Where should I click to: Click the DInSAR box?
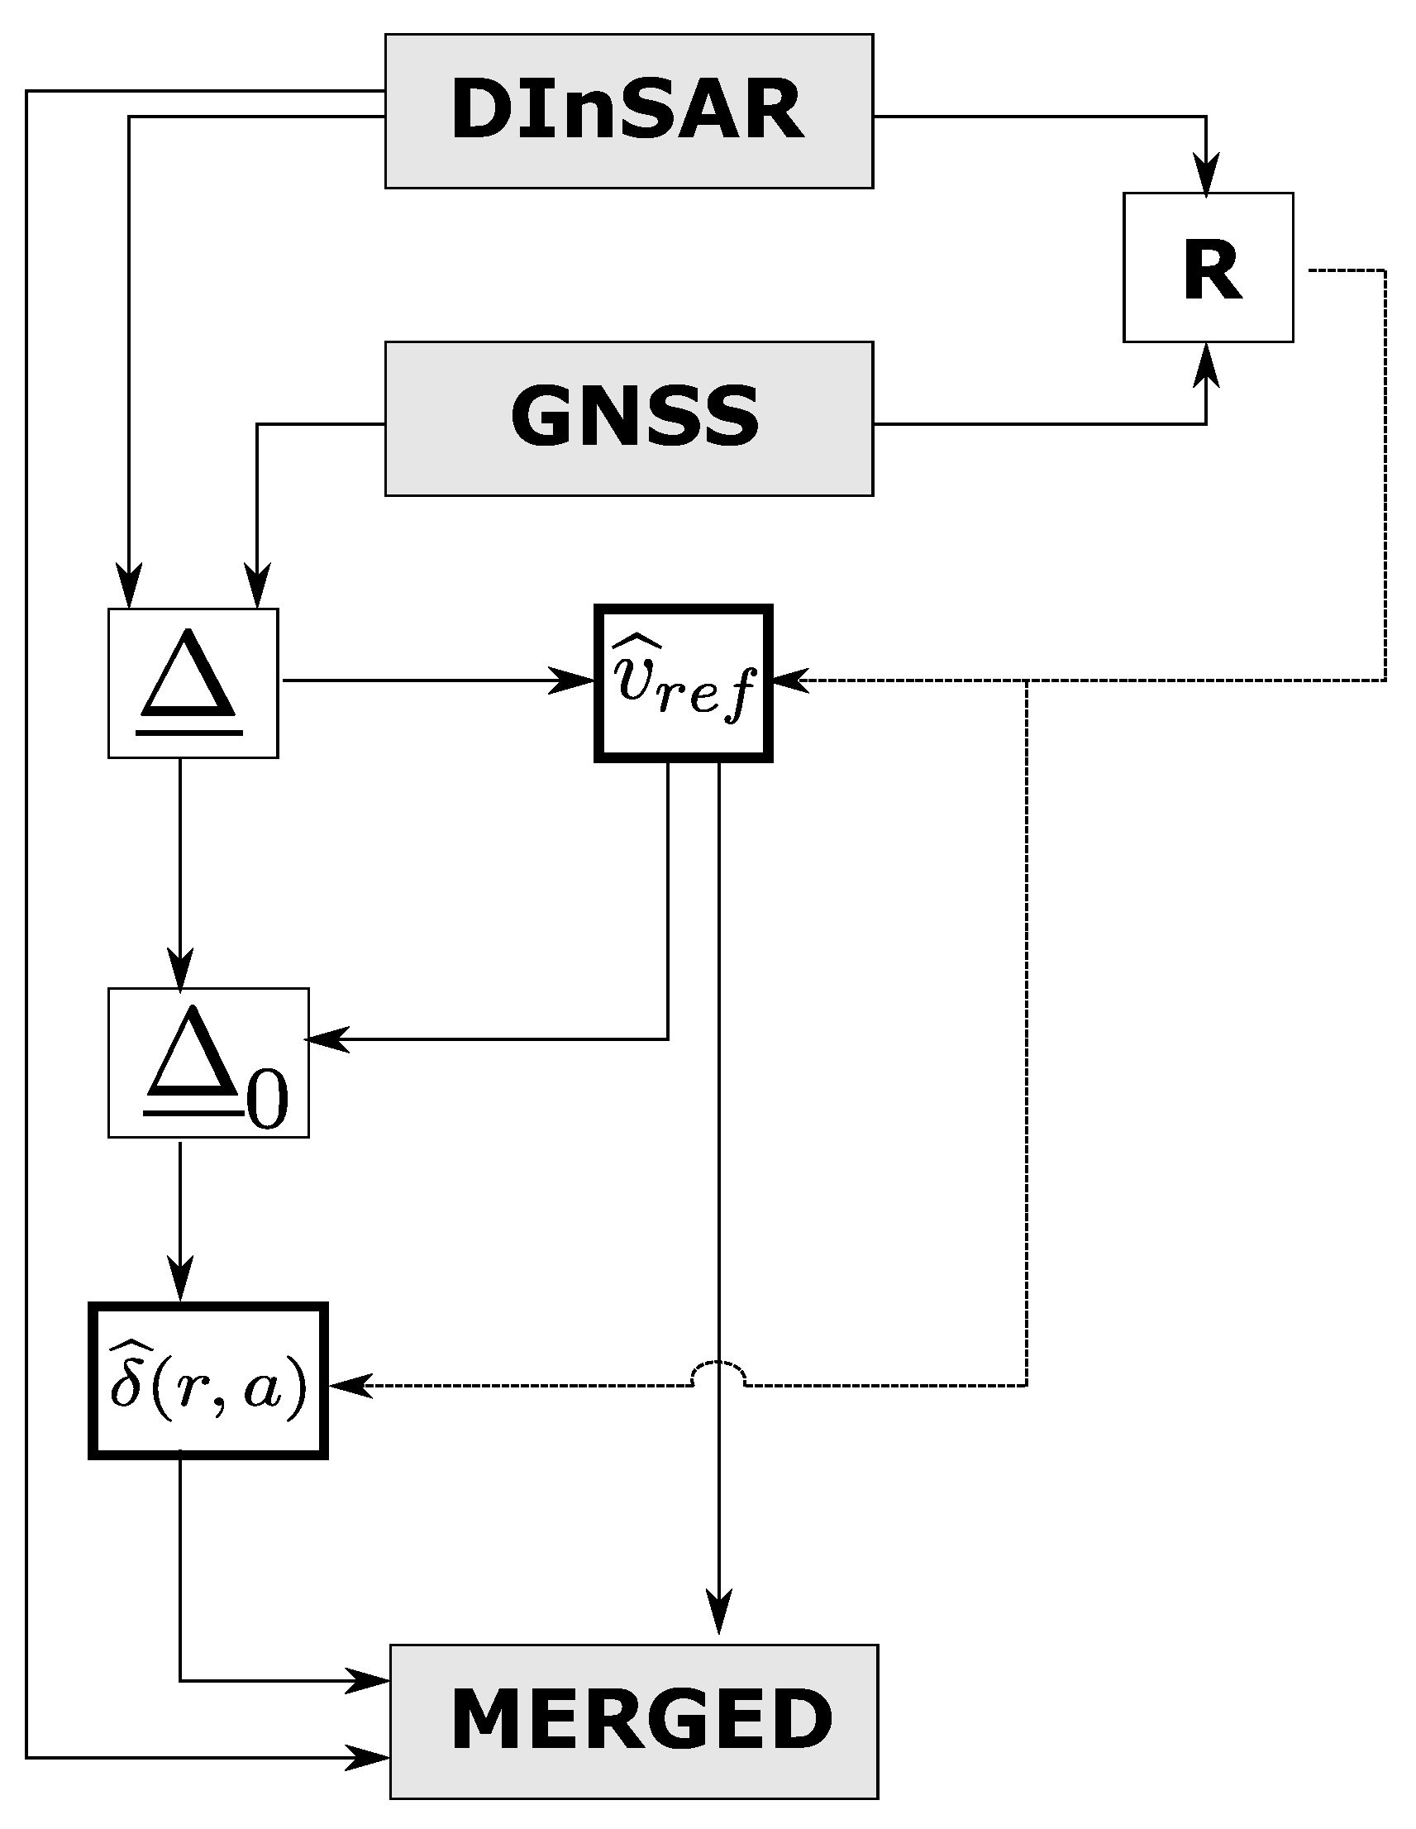[x=628, y=111]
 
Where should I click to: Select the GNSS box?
[x=628, y=418]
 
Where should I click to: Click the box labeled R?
[x=1208, y=267]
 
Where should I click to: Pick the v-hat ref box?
[x=683, y=683]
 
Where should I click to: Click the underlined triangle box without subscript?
[x=193, y=683]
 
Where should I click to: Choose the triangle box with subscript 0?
[x=207, y=1063]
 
